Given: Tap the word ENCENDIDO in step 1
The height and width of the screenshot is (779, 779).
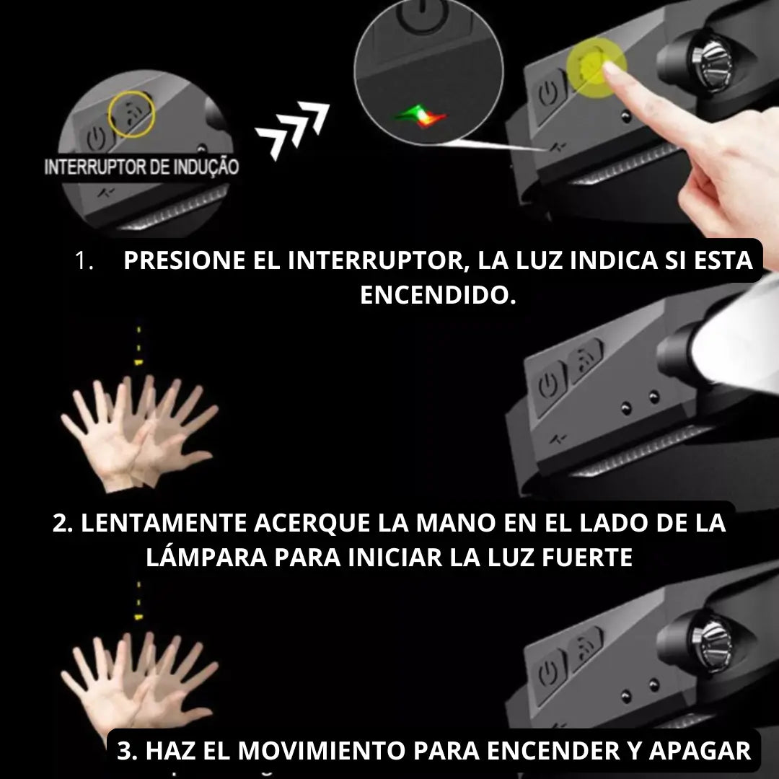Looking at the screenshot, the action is pyautogui.click(x=439, y=294).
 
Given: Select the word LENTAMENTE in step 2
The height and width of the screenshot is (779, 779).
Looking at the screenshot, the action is pyautogui.click(x=164, y=523).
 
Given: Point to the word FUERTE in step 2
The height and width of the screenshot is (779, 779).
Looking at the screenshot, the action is pyautogui.click(x=586, y=557).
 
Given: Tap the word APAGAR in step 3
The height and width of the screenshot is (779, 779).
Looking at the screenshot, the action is pyautogui.click(x=700, y=750).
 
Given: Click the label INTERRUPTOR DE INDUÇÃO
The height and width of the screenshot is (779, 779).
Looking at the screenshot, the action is pyautogui.click(x=141, y=167).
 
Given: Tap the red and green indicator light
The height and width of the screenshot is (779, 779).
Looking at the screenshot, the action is pyautogui.click(x=421, y=116).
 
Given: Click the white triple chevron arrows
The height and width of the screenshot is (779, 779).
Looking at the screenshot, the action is pyautogui.click(x=293, y=130).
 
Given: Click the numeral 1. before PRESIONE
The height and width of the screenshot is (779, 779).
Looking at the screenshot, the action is pyautogui.click(x=84, y=261).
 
